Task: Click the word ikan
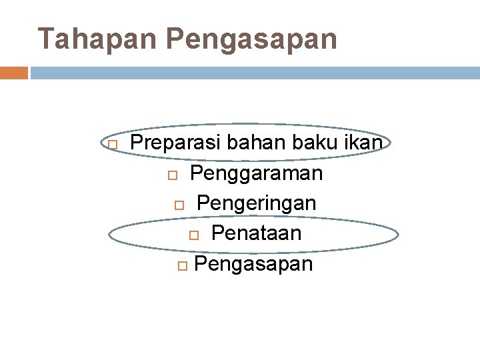pyautogui.click(x=366, y=143)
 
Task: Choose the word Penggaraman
pyautogui.click(x=256, y=173)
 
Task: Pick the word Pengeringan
pyautogui.click(x=257, y=203)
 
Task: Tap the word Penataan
pyautogui.click(x=257, y=233)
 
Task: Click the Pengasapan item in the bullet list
pyautogui.click(x=253, y=264)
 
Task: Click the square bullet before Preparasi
pyautogui.click(x=112, y=145)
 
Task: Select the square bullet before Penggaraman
pyautogui.click(x=171, y=175)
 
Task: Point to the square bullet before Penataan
pyautogui.click(x=193, y=235)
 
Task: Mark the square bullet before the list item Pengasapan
pyautogui.click(x=183, y=266)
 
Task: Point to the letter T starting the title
pyautogui.click(x=46, y=39)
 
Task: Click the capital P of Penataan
pyautogui.click(x=217, y=233)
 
